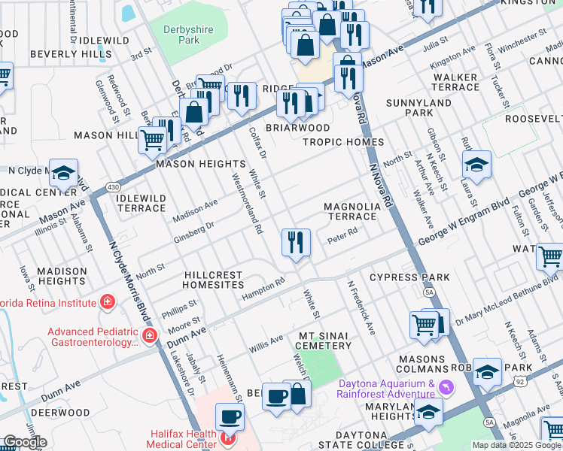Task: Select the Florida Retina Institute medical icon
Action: click(x=108, y=302)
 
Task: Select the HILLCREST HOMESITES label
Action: click(x=215, y=280)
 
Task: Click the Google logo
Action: click(x=24, y=442)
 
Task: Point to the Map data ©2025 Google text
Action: click(x=516, y=445)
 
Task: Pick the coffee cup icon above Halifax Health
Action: click(x=230, y=416)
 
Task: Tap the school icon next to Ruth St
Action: click(x=477, y=164)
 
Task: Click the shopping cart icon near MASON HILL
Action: click(x=153, y=138)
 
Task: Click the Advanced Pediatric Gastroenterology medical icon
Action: click(x=150, y=335)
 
